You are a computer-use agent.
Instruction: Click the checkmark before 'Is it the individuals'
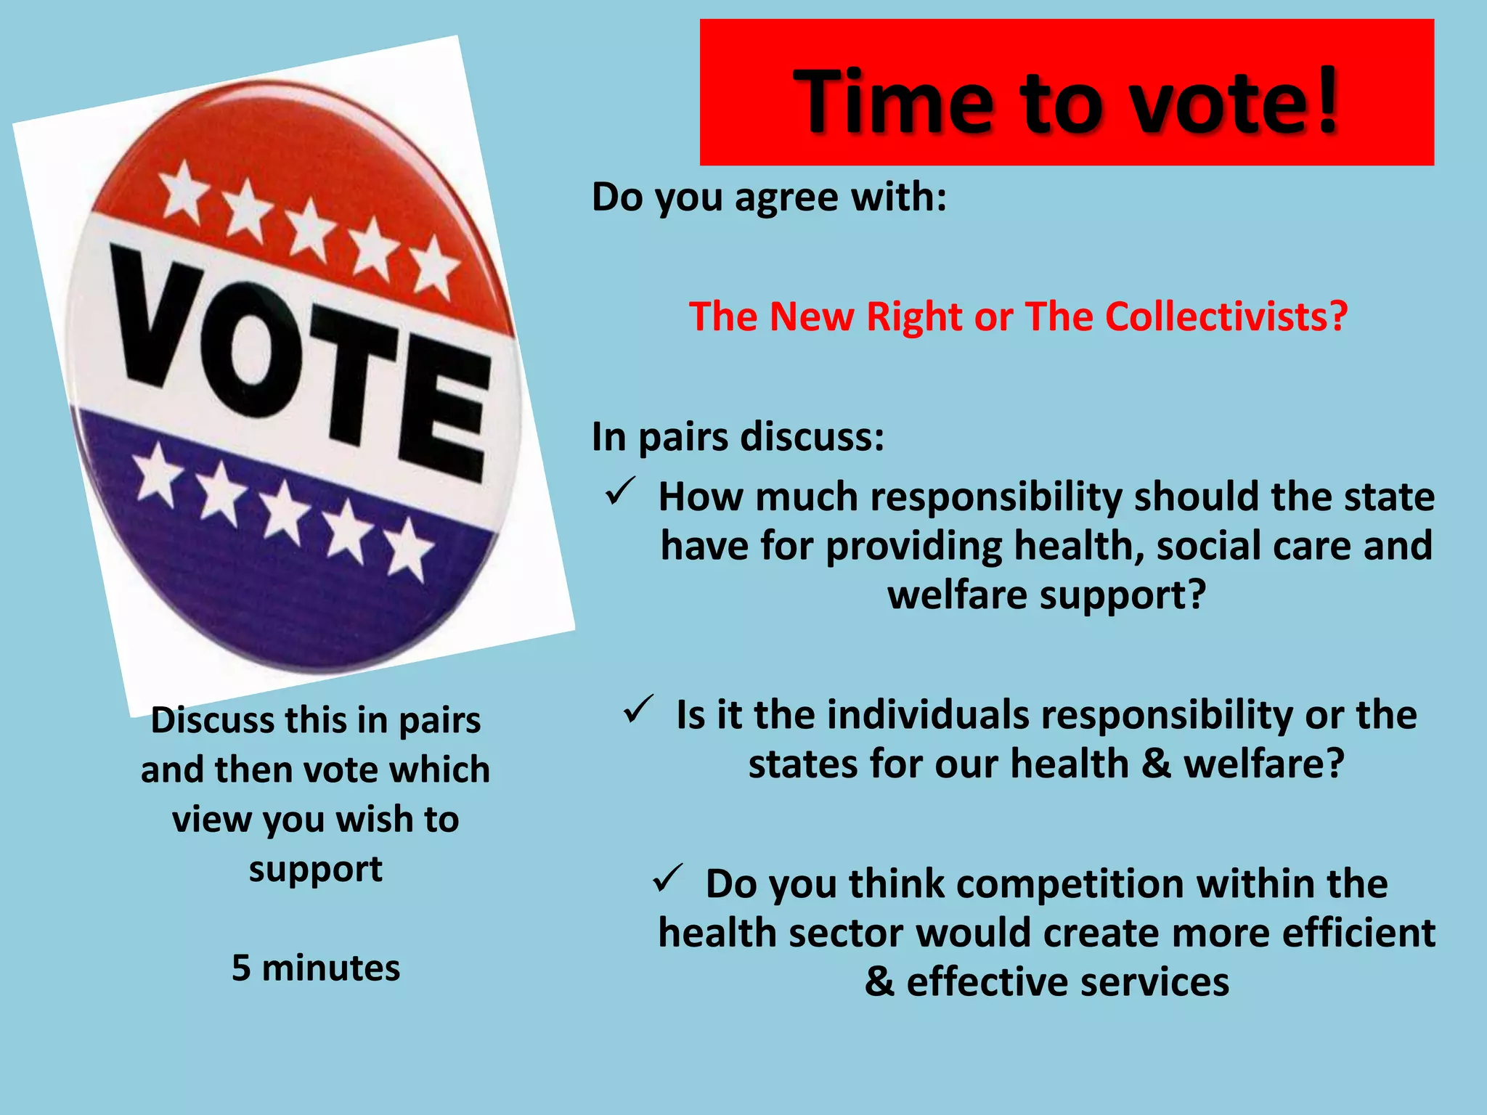click(639, 709)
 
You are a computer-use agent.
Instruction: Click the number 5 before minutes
click(241, 968)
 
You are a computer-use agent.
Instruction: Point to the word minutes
click(330, 968)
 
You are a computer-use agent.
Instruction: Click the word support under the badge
click(316, 870)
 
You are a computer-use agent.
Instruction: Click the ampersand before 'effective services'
click(879, 982)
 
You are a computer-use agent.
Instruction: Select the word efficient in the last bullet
click(1358, 934)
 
